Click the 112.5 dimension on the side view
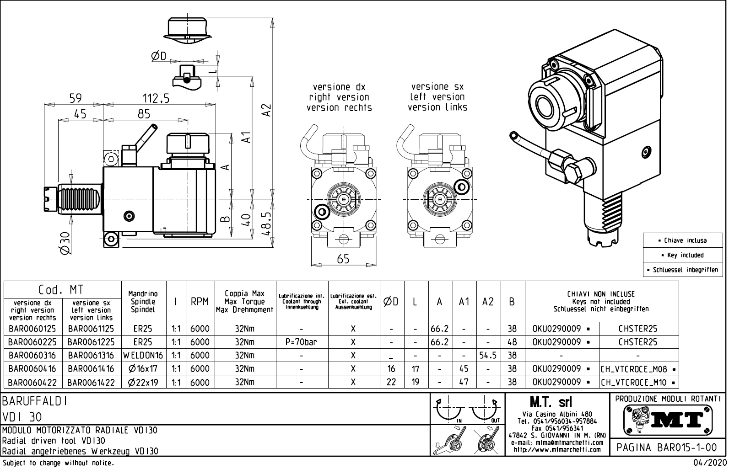point(156,98)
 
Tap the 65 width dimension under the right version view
point(343,259)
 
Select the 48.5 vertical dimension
point(268,222)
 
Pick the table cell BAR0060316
point(32,355)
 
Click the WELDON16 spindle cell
point(143,355)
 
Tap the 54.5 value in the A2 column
point(488,355)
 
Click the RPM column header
point(200,302)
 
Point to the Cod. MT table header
point(62,289)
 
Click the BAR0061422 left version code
point(91,382)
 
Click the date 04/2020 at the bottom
point(710,463)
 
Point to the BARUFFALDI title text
point(35,402)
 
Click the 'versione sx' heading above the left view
point(437,86)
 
